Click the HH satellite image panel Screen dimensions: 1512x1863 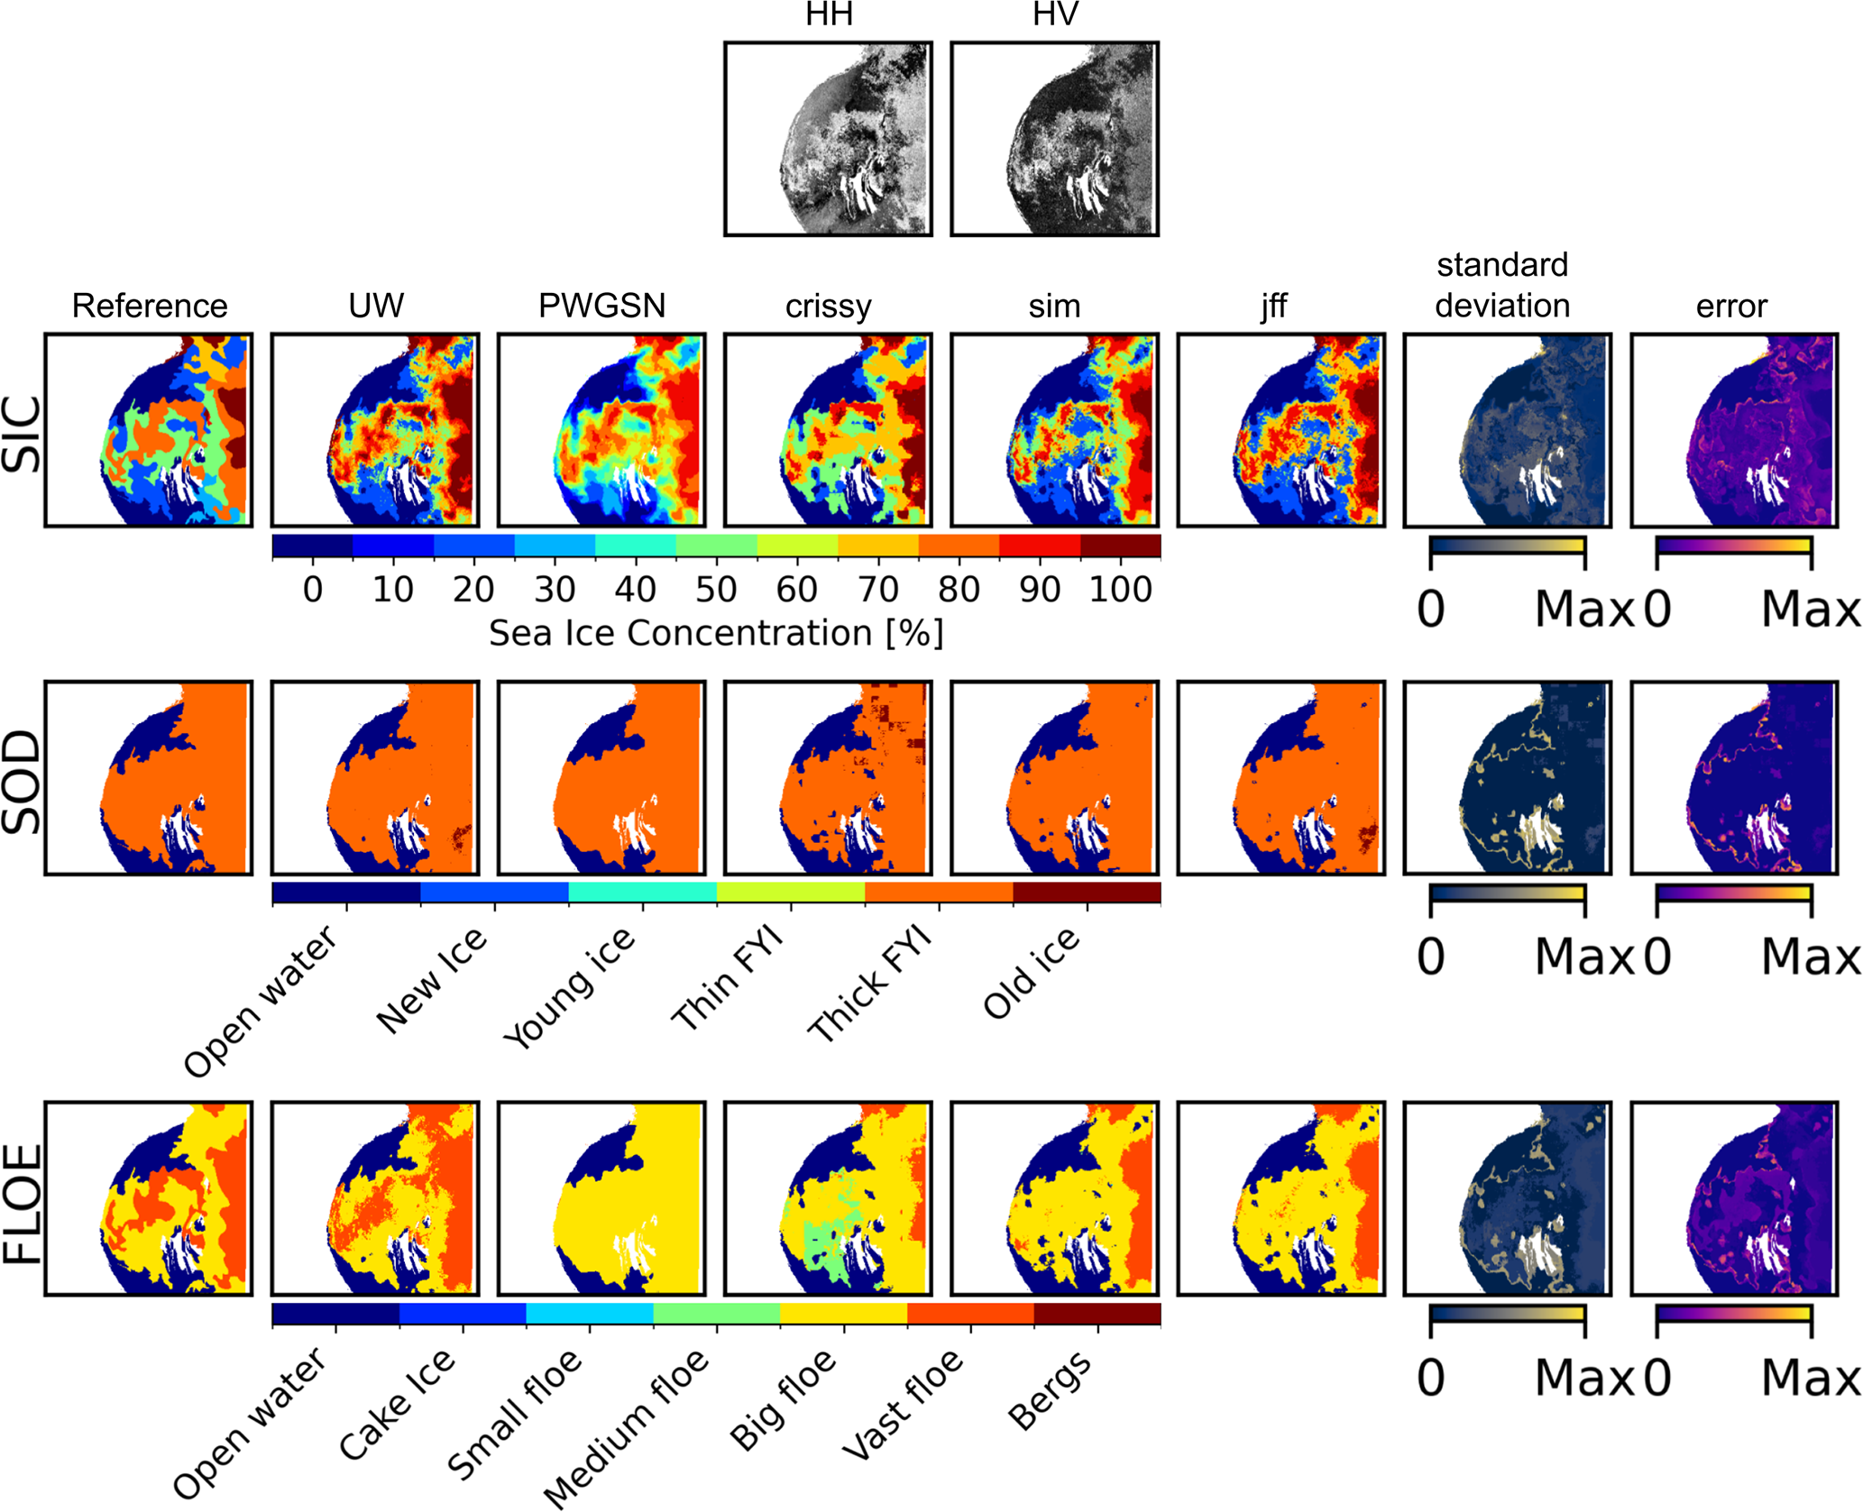point(828,138)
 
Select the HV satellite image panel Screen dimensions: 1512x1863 point(1054,138)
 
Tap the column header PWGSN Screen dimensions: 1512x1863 point(601,306)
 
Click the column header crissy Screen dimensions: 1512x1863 point(828,307)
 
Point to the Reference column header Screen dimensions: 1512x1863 point(150,306)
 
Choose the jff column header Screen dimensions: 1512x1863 point(1273,307)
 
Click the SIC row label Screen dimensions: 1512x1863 point(23,434)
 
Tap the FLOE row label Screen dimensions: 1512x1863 point(23,1202)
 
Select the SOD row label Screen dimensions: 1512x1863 point(23,781)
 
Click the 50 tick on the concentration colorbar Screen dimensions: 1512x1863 point(716,590)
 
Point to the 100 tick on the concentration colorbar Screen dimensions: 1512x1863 point(1120,590)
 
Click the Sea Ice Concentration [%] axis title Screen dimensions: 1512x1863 point(716,633)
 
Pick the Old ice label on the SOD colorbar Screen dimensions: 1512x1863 point(1032,973)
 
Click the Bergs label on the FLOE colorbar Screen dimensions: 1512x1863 point(1050,1392)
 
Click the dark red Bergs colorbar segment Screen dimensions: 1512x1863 point(1097,1314)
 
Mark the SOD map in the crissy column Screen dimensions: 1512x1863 point(828,778)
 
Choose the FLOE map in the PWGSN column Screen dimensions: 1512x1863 point(601,1198)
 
